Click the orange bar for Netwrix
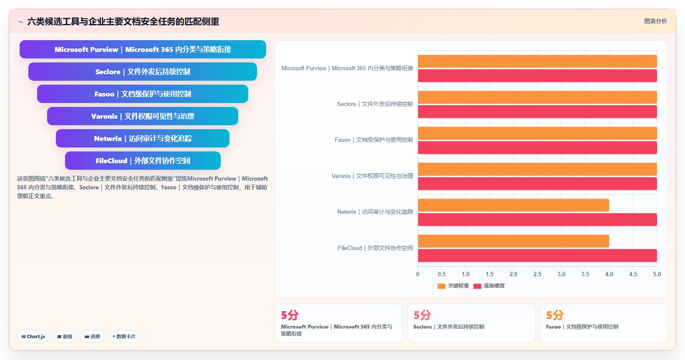pos(514,205)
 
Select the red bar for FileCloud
pos(537,256)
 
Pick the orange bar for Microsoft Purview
pos(537,61)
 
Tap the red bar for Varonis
pos(537,184)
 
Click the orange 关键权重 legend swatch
pos(441,286)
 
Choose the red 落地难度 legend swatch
pos(477,286)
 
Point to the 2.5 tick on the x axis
pos(537,274)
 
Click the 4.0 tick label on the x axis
pos(609,274)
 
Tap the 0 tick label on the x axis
pos(418,274)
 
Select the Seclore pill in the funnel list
pos(143,72)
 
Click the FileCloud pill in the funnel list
pos(143,161)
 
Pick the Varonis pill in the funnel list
pos(143,116)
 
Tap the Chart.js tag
pos(33,336)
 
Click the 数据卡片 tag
pos(124,336)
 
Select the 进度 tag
pos(92,336)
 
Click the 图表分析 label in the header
pos(656,21)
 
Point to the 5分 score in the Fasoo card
pos(555,315)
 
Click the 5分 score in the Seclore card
pos(422,315)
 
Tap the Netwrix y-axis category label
pos(375,212)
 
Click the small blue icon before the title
pos(21,22)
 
